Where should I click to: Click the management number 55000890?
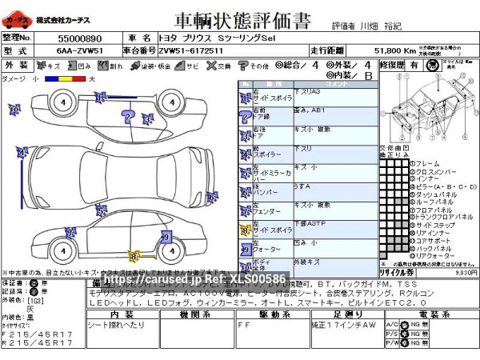[x=80, y=38]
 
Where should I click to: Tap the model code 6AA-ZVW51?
[x=79, y=50]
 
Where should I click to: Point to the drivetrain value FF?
[x=243, y=326]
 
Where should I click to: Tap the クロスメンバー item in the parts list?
[x=434, y=171]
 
